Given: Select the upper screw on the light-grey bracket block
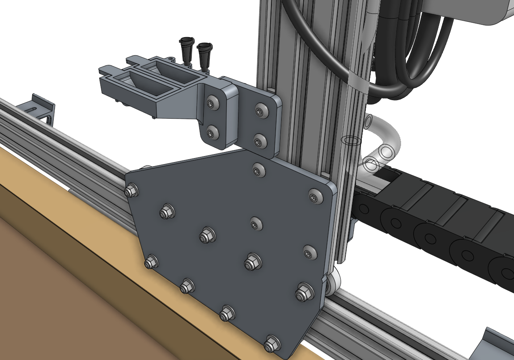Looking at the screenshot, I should pos(211,104).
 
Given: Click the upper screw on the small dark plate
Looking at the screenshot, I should pos(261,111).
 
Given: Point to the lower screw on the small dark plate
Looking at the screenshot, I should pos(259,141).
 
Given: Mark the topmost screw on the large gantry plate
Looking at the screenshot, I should pos(258,170).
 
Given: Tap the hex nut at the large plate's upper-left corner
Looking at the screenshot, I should pos(130,190).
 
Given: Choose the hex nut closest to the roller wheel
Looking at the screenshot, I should pos(303,292).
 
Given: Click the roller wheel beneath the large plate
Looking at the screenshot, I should pos(332,285).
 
